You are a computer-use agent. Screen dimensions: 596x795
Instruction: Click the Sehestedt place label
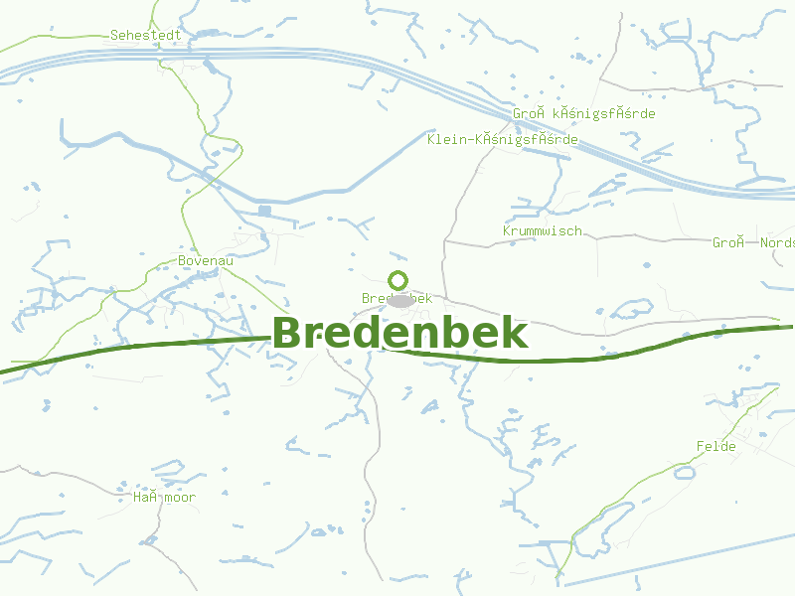(x=145, y=35)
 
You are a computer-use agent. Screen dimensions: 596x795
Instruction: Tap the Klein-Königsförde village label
(x=502, y=139)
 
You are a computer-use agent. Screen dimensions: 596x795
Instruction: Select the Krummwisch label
(x=543, y=230)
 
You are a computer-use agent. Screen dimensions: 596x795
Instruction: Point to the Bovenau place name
(x=206, y=260)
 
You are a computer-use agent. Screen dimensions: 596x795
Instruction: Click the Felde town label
(x=716, y=446)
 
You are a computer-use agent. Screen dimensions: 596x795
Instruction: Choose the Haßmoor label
(x=165, y=497)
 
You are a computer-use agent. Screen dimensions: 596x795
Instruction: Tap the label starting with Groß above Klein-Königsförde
(x=584, y=114)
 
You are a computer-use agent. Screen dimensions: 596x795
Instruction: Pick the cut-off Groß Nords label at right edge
(x=753, y=242)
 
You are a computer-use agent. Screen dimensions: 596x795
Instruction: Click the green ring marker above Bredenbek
(x=397, y=279)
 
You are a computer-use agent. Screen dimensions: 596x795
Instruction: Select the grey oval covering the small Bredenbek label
(x=399, y=300)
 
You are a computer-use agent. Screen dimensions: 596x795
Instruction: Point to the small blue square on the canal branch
(x=264, y=211)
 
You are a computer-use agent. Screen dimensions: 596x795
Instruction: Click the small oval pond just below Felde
(x=685, y=472)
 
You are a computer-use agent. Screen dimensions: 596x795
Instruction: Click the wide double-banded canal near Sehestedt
(x=298, y=60)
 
